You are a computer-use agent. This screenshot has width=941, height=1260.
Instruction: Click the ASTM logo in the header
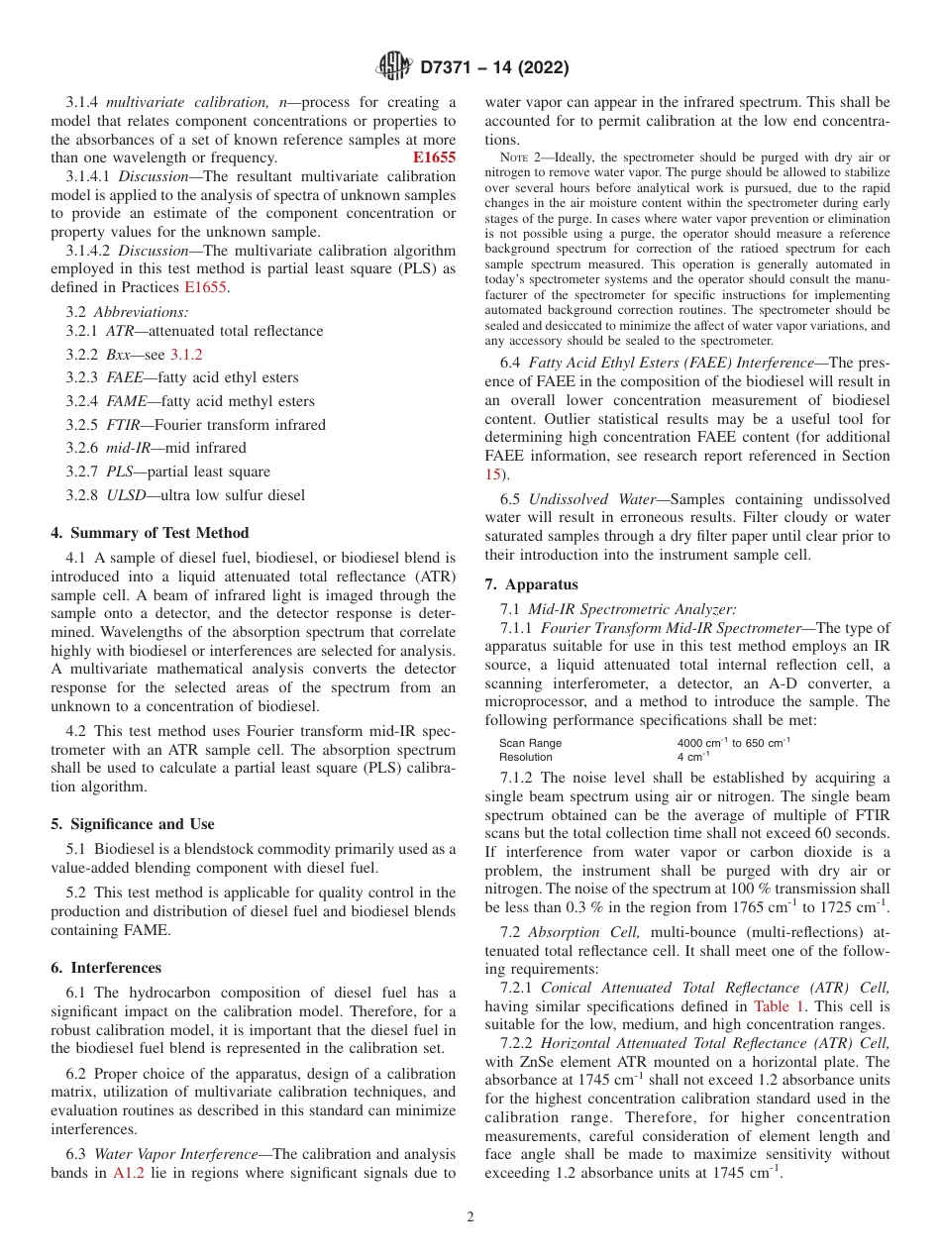point(394,67)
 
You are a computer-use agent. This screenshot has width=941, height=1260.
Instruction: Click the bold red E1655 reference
point(434,157)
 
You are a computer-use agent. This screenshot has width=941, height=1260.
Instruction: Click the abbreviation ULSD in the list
point(125,495)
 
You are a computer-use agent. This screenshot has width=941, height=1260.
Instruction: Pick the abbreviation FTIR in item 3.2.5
point(124,425)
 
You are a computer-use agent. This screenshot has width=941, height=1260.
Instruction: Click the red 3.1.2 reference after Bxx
point(186,354)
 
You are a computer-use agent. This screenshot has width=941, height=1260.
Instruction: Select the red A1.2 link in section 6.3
point(129,1174)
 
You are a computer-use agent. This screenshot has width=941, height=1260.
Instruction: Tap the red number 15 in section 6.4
point(493,474)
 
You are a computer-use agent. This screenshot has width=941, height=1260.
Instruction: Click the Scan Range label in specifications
point(530,743)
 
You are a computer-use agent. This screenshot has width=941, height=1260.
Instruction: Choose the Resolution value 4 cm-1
point(693,757)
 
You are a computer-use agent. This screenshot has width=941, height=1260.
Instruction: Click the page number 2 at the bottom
point(470,1217)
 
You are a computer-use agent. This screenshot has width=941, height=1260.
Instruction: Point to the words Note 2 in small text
point(519,157)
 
